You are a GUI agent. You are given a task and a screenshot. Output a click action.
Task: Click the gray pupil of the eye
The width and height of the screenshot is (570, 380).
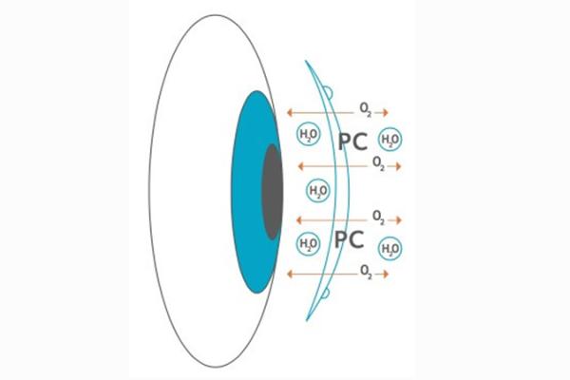[x=273, y=192]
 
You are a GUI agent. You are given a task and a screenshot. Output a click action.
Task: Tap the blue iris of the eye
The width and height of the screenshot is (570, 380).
[x=246, y=192]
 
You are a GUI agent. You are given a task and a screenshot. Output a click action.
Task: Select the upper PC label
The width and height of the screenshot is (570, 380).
[x=352, y=142]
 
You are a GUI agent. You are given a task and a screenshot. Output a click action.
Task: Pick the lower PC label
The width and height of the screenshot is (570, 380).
[x=349, y=239]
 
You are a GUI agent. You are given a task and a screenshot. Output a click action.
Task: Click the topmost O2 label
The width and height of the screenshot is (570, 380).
[x=366, y=109]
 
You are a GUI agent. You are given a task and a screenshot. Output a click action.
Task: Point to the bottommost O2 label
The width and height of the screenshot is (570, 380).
[x=366, y=272]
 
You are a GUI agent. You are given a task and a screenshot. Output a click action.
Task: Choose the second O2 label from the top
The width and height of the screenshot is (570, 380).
[x=378, y=163]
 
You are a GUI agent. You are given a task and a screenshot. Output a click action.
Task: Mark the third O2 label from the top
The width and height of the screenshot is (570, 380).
[x=378, y=218]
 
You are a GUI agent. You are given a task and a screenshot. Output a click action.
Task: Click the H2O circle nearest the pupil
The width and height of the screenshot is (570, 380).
[x=318, y=191]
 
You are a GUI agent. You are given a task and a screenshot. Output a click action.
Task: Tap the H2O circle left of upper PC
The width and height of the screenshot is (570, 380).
[x=309, y=134]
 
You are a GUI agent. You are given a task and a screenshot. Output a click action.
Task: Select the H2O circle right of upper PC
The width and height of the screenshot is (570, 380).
[x=390, y=140]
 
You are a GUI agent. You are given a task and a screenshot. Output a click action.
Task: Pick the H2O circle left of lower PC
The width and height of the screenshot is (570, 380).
[x=309, y=243]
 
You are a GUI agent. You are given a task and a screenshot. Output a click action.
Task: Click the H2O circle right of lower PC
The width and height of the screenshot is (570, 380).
[x=390, y=249]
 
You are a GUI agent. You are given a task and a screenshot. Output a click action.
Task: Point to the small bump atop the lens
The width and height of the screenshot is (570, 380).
[x=329, y=92]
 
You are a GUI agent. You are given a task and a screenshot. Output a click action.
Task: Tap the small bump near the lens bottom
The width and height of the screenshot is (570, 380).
[x=326, y=294]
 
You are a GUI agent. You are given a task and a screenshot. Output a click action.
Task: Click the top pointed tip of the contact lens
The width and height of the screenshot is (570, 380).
[x=306, y=61]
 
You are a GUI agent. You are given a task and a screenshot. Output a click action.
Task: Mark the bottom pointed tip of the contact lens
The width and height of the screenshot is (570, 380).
[x=307, y=321]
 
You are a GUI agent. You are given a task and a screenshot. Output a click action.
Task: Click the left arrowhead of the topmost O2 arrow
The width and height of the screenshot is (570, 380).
[x=290, y=113]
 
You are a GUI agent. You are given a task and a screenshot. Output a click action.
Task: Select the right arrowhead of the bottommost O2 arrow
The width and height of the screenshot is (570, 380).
[x=386, y=275]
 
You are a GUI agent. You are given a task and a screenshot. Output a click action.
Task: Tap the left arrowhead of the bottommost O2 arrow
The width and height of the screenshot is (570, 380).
[x=290, y=275]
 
